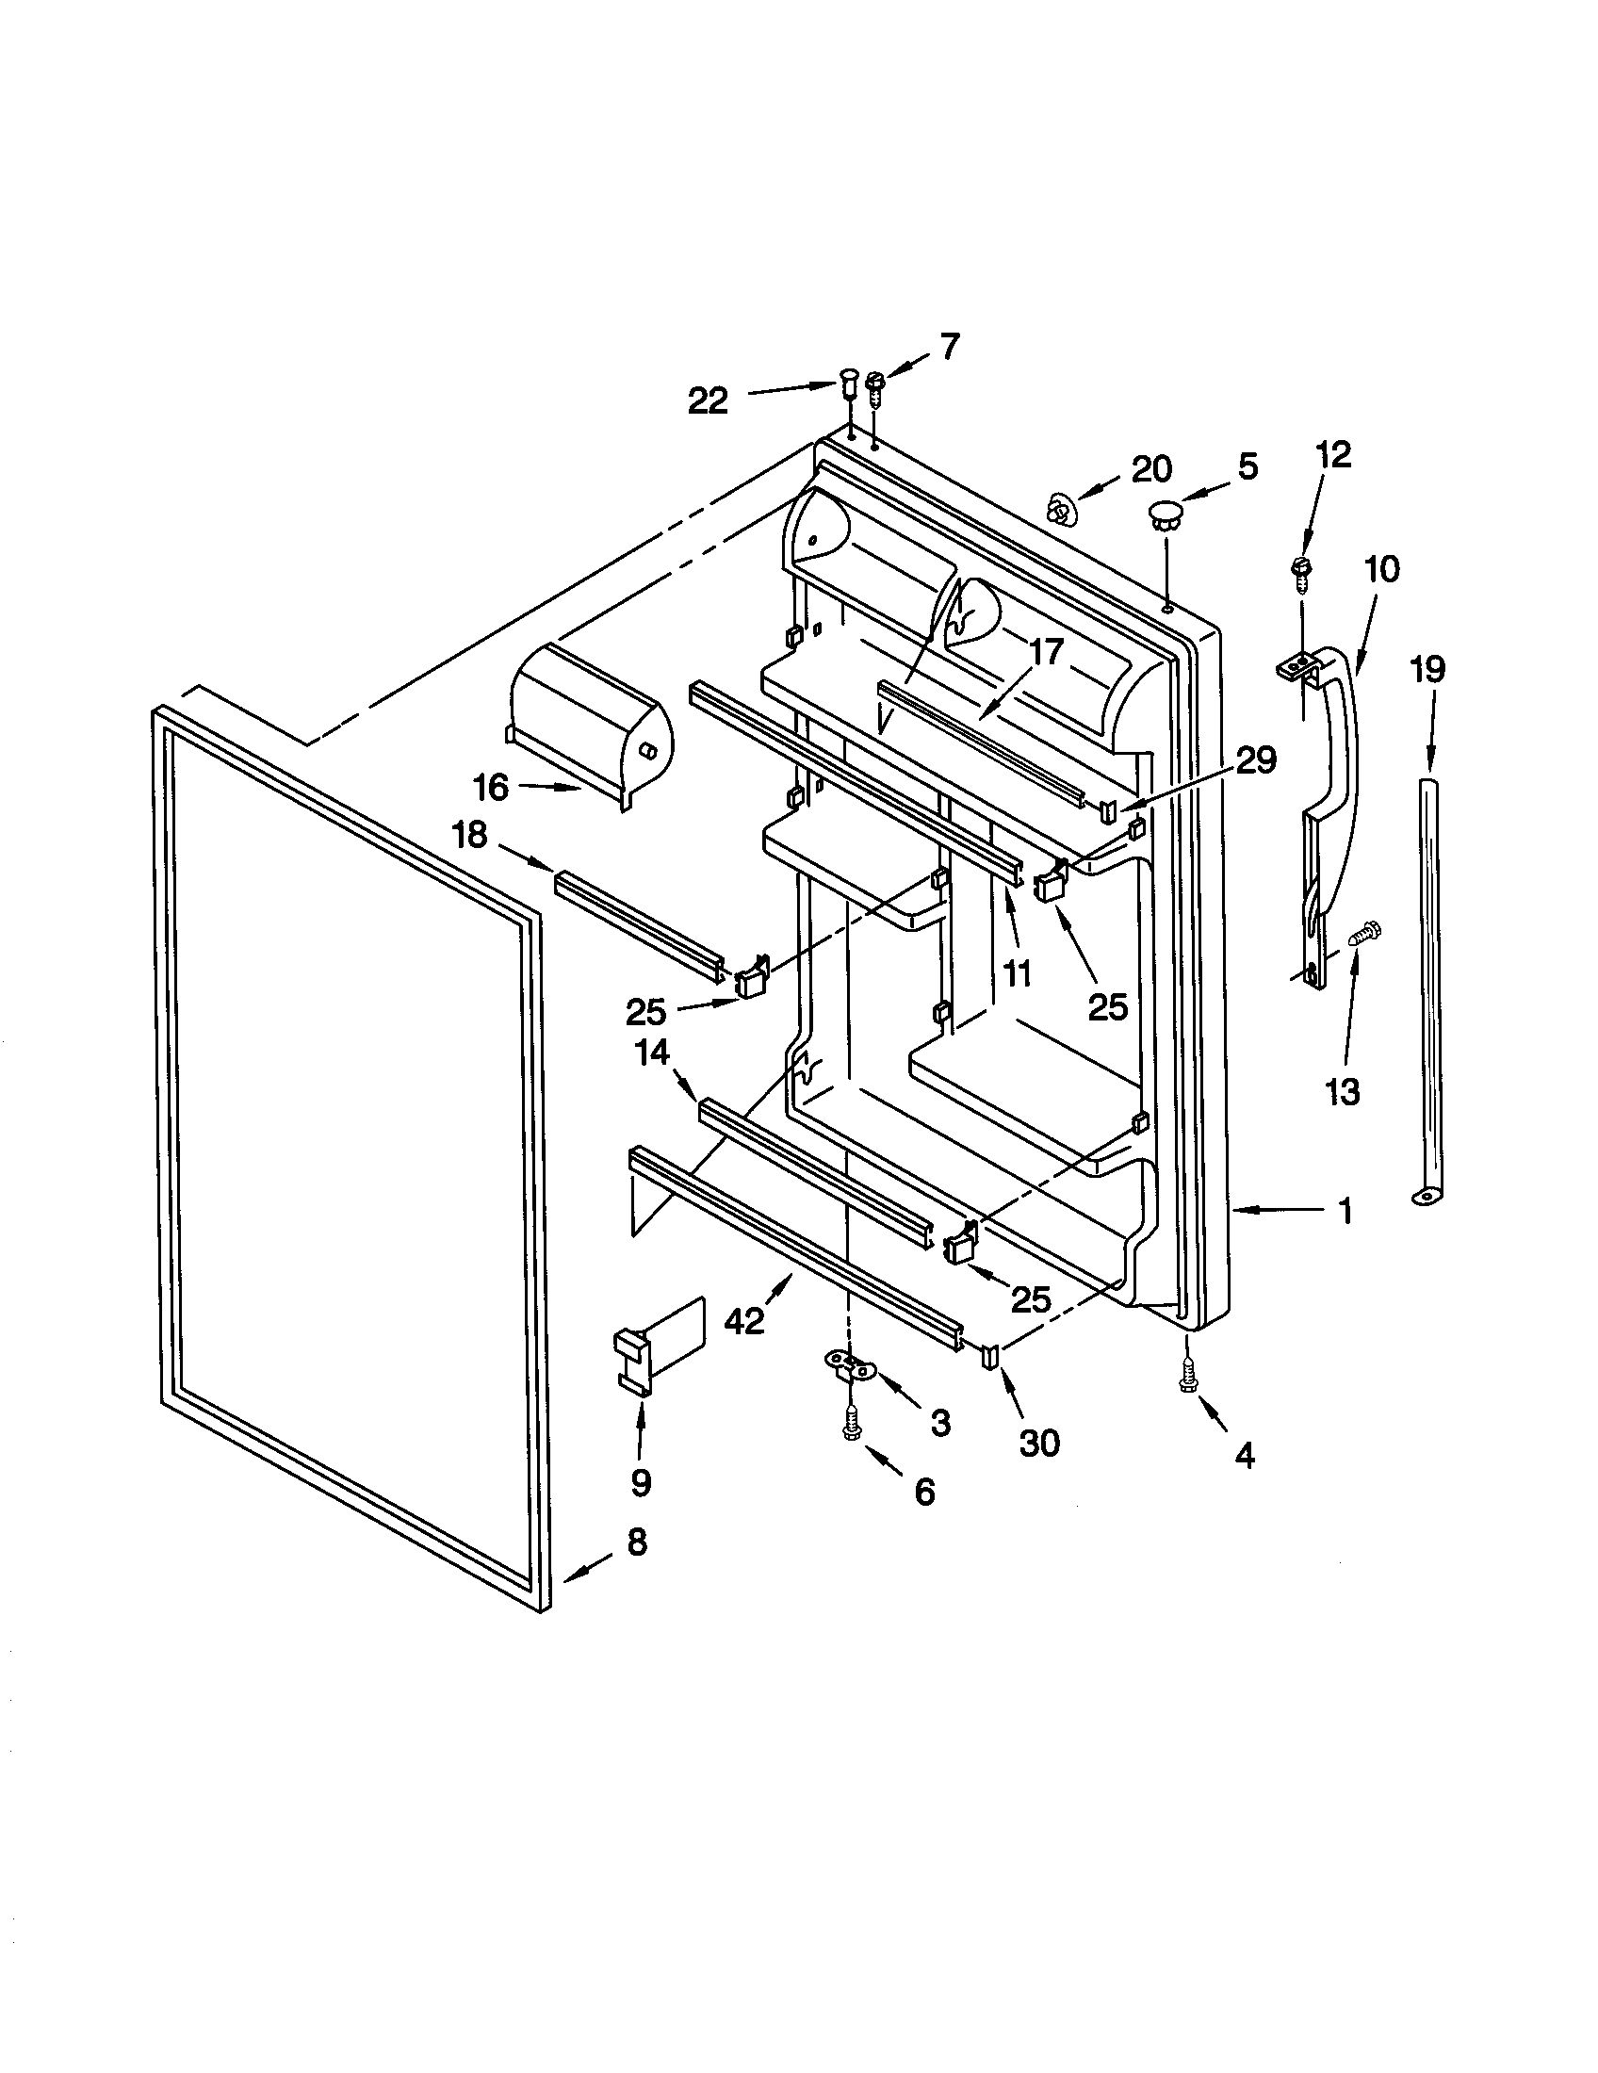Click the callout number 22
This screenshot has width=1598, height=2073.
[x=708, y=401]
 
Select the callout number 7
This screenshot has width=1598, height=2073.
[x=949, y=347]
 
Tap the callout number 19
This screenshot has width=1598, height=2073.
[x=1428, y=670]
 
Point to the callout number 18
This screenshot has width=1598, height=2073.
[x=470, y=835]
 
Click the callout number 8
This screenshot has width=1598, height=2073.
[x=637, y=1542]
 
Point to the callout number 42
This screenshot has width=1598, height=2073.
[x=744, y=1320]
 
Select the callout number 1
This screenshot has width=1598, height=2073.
[x=1345, y=1211]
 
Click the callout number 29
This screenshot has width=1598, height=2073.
[x=1256, y=760]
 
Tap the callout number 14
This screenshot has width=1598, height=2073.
[x=653, y=1052]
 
